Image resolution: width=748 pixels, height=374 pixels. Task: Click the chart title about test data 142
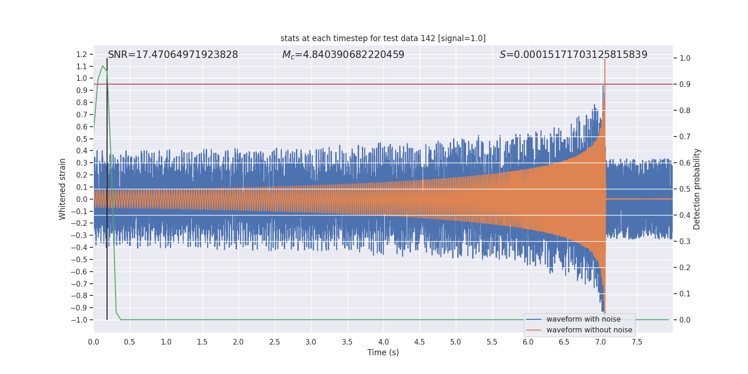(x=383, y=38)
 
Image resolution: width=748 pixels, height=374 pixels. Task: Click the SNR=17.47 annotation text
(x=173, y=55)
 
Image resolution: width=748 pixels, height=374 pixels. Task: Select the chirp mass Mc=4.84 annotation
(x=343, y=55)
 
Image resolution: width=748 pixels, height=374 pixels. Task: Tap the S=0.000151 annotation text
(x=573, y=55)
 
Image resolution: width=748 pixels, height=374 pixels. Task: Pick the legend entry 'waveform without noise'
(x=589, y=330)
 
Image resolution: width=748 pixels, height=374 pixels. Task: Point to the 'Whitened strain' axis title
(x=63, y=189)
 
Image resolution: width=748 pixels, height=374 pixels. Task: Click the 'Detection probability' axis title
(x=697, y=189)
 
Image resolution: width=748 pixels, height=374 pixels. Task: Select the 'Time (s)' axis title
(x=383, y=352)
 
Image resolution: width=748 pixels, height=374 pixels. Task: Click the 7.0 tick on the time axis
(x=600, y=342)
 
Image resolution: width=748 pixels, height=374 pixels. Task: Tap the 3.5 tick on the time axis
(x=347, y=342)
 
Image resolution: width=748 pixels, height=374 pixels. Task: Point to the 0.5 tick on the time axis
(x=129, y=342)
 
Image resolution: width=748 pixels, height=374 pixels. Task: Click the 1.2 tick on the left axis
(x=82, y=55)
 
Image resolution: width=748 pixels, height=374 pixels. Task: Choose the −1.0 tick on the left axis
(x=79, y=320)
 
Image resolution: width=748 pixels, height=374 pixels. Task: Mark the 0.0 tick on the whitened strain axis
(x=82, y=200)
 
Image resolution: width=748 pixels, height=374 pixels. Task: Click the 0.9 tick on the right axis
(x=685, y=85)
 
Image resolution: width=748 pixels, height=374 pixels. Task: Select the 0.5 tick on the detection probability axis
(x=685, y=189)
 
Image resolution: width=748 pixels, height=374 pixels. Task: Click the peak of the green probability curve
(x=103, y=66)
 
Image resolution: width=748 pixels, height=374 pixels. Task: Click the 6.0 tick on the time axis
(x=528, y=342)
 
